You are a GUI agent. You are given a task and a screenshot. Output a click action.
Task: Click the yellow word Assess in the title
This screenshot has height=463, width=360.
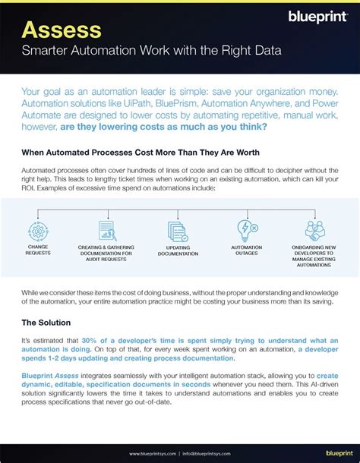62,30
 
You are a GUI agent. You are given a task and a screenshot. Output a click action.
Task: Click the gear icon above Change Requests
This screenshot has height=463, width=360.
38,231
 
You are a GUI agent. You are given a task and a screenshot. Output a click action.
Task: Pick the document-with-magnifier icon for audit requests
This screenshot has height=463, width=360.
107,230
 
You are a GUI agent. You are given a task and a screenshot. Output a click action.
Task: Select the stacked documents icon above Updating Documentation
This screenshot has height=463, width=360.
178,231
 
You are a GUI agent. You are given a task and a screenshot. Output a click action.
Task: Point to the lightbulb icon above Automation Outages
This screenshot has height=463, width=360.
248,230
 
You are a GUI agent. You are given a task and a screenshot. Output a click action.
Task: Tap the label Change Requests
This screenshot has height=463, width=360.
38,250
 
